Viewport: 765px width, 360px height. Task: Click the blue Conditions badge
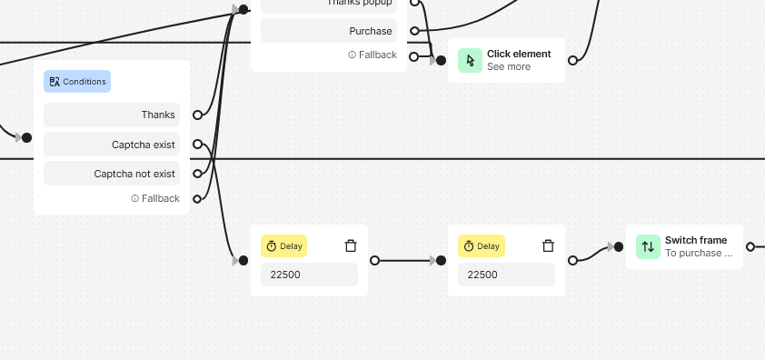point(77,82)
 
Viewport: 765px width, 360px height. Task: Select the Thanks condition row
point(112,115)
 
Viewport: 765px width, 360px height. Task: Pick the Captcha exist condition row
point(112,145)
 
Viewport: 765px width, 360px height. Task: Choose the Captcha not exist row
point(112,174)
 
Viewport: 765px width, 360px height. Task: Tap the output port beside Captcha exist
point(197,145)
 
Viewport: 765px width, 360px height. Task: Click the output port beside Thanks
point(197,115)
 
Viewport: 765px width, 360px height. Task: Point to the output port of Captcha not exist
point(197,174)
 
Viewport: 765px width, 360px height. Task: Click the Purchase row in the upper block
point(329,31)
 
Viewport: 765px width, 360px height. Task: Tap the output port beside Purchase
point(414,31)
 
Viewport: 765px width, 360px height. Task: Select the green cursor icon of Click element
point(470,60)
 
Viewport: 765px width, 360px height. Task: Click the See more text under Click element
point(509,67)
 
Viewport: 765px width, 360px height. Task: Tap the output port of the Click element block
point(572,61)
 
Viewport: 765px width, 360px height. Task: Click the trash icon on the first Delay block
point(351,245)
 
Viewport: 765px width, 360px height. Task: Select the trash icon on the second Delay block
point(548,245)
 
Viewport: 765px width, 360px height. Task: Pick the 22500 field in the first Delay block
point(309,275)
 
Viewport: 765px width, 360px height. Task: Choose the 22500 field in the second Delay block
point(506,275)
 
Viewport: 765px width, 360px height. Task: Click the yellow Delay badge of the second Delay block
point(481,245)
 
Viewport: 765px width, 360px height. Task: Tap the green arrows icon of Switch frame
point(648,246)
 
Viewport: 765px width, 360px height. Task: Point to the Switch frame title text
point(696,240)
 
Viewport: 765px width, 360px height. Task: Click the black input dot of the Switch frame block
point(619,246)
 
